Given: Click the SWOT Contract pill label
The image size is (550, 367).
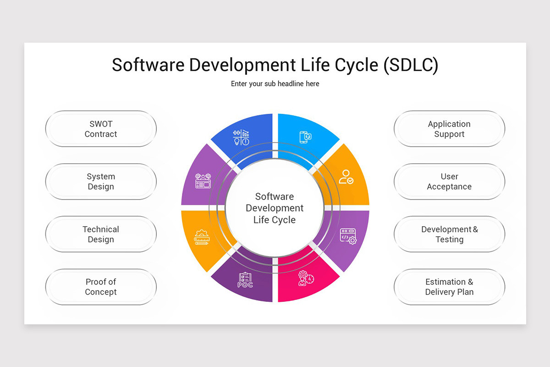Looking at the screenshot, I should (x=101, y=129).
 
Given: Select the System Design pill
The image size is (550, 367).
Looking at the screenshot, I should (x=101, y=182).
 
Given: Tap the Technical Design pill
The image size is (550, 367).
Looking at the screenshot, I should (x=101, y=234).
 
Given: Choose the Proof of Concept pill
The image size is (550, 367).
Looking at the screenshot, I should (x=101, y=287).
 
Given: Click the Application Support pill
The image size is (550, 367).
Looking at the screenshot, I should (x=449, y=129).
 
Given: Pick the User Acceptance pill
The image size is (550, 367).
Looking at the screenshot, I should (x=449, y=182).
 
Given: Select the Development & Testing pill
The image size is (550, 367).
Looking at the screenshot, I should (x=449, y=234).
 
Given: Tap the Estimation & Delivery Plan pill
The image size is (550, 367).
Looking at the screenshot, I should (x=449, y=287).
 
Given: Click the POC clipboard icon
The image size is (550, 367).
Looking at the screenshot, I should (x=245, y=280).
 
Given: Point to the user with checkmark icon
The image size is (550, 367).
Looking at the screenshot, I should (x=346, y=177).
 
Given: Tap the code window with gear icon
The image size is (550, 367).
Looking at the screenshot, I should (x=348, y=236).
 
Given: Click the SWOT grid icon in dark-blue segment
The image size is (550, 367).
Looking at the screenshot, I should (x=241, y=137).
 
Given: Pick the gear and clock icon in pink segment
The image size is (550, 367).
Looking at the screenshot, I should (x=305, y=278).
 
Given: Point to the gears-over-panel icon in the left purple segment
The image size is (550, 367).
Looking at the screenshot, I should (x=203, y=180).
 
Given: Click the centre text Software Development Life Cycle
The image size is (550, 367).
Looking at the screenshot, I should (x=275, y=208).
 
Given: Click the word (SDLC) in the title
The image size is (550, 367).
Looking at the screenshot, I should (x=411, y=65).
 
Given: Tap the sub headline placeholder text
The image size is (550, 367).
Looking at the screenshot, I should (x=275, y=84).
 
